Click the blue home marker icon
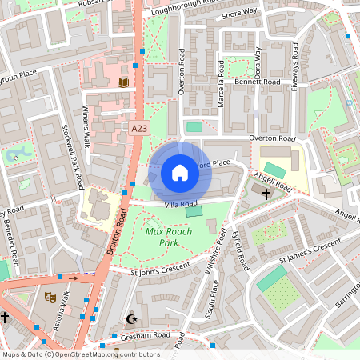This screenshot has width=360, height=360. [180, 172]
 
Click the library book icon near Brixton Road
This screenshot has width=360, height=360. [123, 82]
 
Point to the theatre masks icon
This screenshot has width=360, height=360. [50, 297]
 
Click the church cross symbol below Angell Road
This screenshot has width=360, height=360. [266, 193]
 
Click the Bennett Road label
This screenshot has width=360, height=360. [257, 82]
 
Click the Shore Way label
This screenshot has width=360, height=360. [239, 14]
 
